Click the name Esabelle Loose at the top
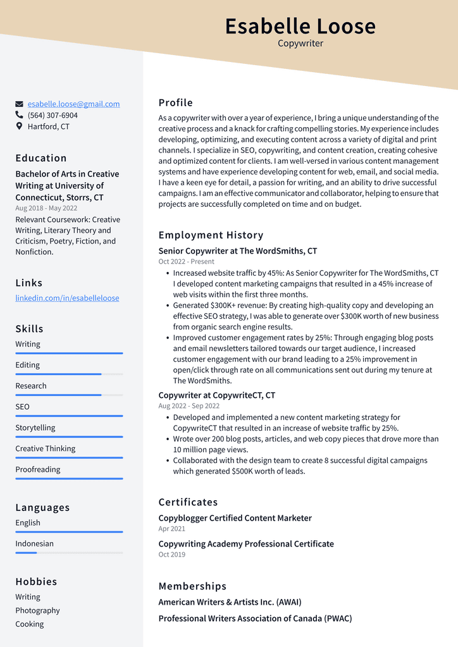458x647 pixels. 300,27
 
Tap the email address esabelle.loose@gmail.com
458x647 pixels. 73,104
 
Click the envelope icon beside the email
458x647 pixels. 20,104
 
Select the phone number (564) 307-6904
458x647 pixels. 53,115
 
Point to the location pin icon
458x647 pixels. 20,126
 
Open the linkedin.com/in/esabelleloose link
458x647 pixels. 67,298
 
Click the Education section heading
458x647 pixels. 41,158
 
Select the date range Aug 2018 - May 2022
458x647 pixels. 46,208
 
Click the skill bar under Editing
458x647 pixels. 69,374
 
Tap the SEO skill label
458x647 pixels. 22,407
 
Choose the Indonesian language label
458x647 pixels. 34,543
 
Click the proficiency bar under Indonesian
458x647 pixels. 69,553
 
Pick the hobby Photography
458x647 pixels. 37,610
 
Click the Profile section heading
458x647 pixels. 175,102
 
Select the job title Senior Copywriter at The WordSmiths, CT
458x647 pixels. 238,251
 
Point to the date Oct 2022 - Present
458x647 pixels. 186,261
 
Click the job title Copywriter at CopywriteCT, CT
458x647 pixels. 217,395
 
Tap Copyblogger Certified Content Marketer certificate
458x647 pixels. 235,518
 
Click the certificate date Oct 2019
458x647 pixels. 171,555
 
